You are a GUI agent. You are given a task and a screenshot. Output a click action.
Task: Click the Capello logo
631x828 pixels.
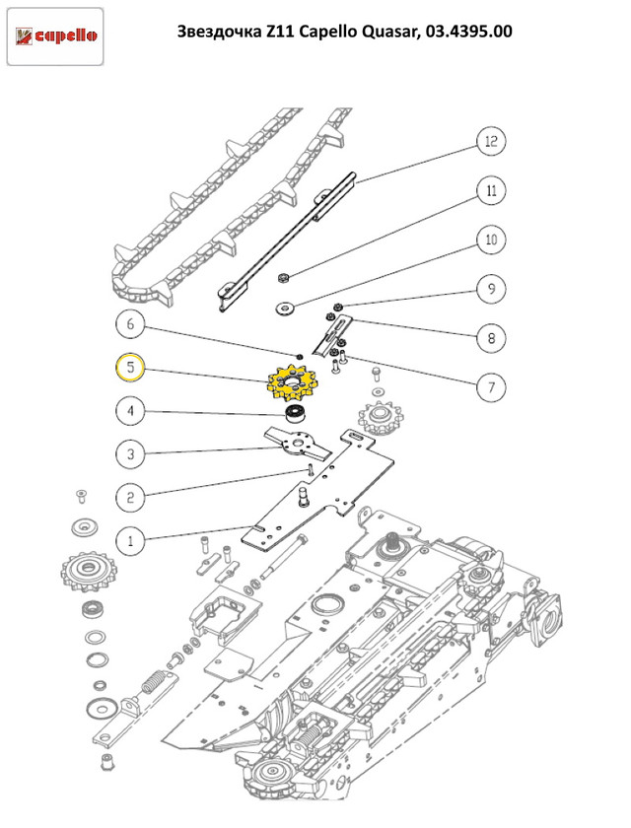(x=55, y=37)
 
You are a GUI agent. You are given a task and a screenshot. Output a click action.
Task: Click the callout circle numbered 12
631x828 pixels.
(x=490, y=142)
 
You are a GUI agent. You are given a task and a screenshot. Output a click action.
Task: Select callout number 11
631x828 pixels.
(x=490, y=190)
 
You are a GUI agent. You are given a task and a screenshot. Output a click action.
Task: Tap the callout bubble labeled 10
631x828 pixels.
(x=490, y=240)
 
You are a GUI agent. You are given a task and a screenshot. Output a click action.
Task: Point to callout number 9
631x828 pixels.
(x=490, y=289)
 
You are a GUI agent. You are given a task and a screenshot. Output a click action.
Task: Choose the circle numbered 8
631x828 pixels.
(x=490, y=338)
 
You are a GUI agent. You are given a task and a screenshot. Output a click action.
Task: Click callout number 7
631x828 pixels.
(x=490, y=386)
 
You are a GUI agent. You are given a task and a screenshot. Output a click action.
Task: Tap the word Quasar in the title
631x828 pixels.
(x=386, y=32)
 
